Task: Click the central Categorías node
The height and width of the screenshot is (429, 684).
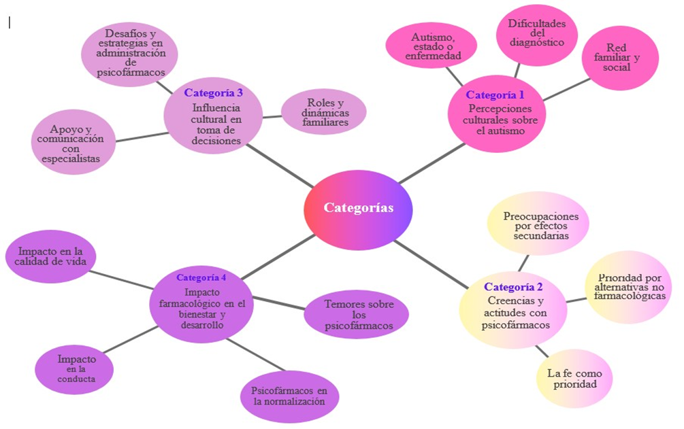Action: [358, 208]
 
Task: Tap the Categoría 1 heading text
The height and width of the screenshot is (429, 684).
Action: [495, 95]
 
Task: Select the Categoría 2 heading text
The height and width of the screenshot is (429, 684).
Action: [513, 287]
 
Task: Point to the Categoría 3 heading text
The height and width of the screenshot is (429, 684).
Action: [214, 92]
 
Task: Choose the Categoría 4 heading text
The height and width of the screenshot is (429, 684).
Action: [201, 277]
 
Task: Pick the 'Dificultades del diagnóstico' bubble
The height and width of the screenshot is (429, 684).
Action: [537, 32]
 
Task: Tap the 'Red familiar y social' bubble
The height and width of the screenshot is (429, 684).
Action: [621, 58]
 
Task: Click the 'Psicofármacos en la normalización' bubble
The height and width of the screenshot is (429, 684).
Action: [290, 396]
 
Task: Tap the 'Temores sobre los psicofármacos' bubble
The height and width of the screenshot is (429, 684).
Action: [356, 315]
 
